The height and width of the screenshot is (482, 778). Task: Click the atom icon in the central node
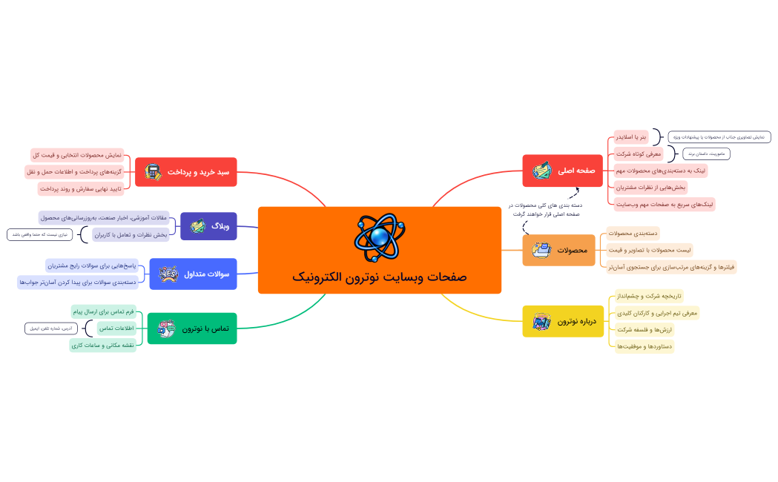click(x=379, y=237)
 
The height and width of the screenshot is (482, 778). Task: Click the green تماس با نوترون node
click(x=192, y=329)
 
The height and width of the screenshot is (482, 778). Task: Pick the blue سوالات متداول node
click(x=193, y=274)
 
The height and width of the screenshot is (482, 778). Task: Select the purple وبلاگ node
click(x=208, y=226)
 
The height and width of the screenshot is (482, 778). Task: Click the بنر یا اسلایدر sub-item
click(x=631, y=137)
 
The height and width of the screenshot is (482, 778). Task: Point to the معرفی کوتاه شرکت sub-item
click(x=633, y=153)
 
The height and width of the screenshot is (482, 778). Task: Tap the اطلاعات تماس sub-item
click(x=116, y=328)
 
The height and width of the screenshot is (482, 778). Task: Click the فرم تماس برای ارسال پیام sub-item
click(x=103, y=311)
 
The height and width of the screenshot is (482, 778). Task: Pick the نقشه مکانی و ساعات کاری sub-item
click(x=102, y=345)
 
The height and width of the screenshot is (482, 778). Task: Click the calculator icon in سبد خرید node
click(x=154, y=172)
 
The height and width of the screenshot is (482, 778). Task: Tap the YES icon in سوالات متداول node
click(x=168, y=274)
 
